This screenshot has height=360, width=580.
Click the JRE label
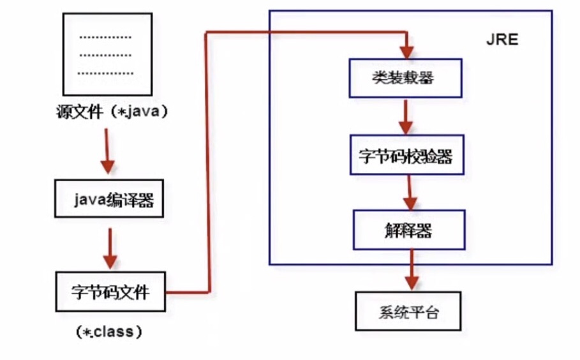pyautogui.click(x=502, y=40)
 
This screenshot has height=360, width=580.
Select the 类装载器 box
pyautogui.click(x=405, y=78)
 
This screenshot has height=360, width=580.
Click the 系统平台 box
pyautogui.click(x=406, y=312)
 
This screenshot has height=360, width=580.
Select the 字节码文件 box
pyautogui.click(x=110, y=292)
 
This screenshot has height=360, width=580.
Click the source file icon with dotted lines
pyautogui.click(x=107, y=54)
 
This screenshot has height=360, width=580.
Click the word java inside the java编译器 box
pyautogui.click(x=87, y=202)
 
